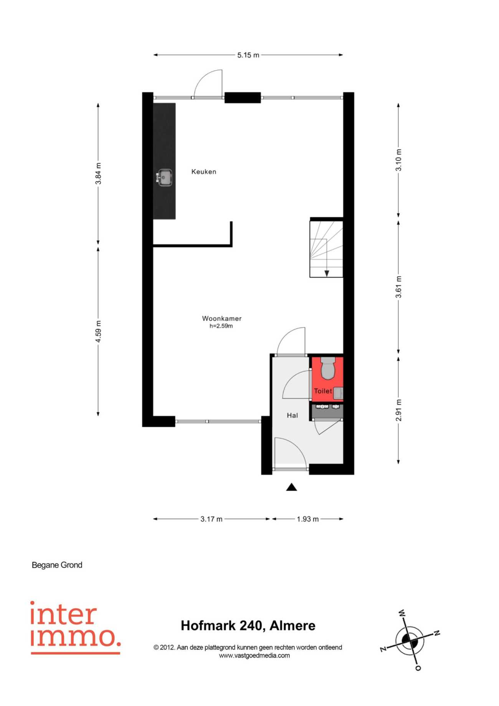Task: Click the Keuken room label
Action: coord(204,172)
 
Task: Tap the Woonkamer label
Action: coord(222,318)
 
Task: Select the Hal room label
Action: coord(292,415)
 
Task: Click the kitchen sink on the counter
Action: coord(164,177)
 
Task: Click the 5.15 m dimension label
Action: coord(248,55)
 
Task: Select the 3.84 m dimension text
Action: coord(99,174)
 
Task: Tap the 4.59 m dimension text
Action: coord(99,331)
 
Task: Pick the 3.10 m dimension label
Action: coord(399,160)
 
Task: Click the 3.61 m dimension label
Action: coord(399,287)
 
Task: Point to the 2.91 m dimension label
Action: coord(399,410)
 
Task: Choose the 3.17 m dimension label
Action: coord(211,519)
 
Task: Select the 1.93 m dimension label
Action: coord(308,519)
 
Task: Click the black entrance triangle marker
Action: coord(292,487)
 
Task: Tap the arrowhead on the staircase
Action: coord(327,273)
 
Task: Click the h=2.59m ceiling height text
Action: coord(221,326)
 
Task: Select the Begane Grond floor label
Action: coord(57,565)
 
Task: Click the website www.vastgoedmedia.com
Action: coord(254,656)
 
